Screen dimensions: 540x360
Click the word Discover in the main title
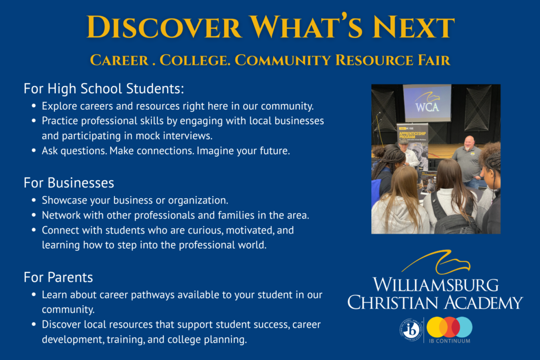click(164, 27)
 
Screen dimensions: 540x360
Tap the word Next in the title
click(413, 27)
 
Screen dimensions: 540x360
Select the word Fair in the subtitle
click(434, 60)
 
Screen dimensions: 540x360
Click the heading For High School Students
click(104, 89)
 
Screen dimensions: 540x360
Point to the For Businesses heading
click(69, 183)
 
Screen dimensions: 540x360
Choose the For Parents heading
click(58, 277)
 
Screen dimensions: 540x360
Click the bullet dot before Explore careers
click(34, 106)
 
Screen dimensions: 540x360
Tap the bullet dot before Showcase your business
click(34, 200)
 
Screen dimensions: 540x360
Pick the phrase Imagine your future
click(243, 151)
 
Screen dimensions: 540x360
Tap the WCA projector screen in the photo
click(427, 102)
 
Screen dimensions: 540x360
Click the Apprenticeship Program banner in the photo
click(412, 144)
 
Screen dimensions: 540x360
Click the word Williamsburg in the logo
click(436, 285)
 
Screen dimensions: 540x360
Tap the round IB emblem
click(411, 329)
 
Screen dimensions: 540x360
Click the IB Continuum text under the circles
click(449, 341)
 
